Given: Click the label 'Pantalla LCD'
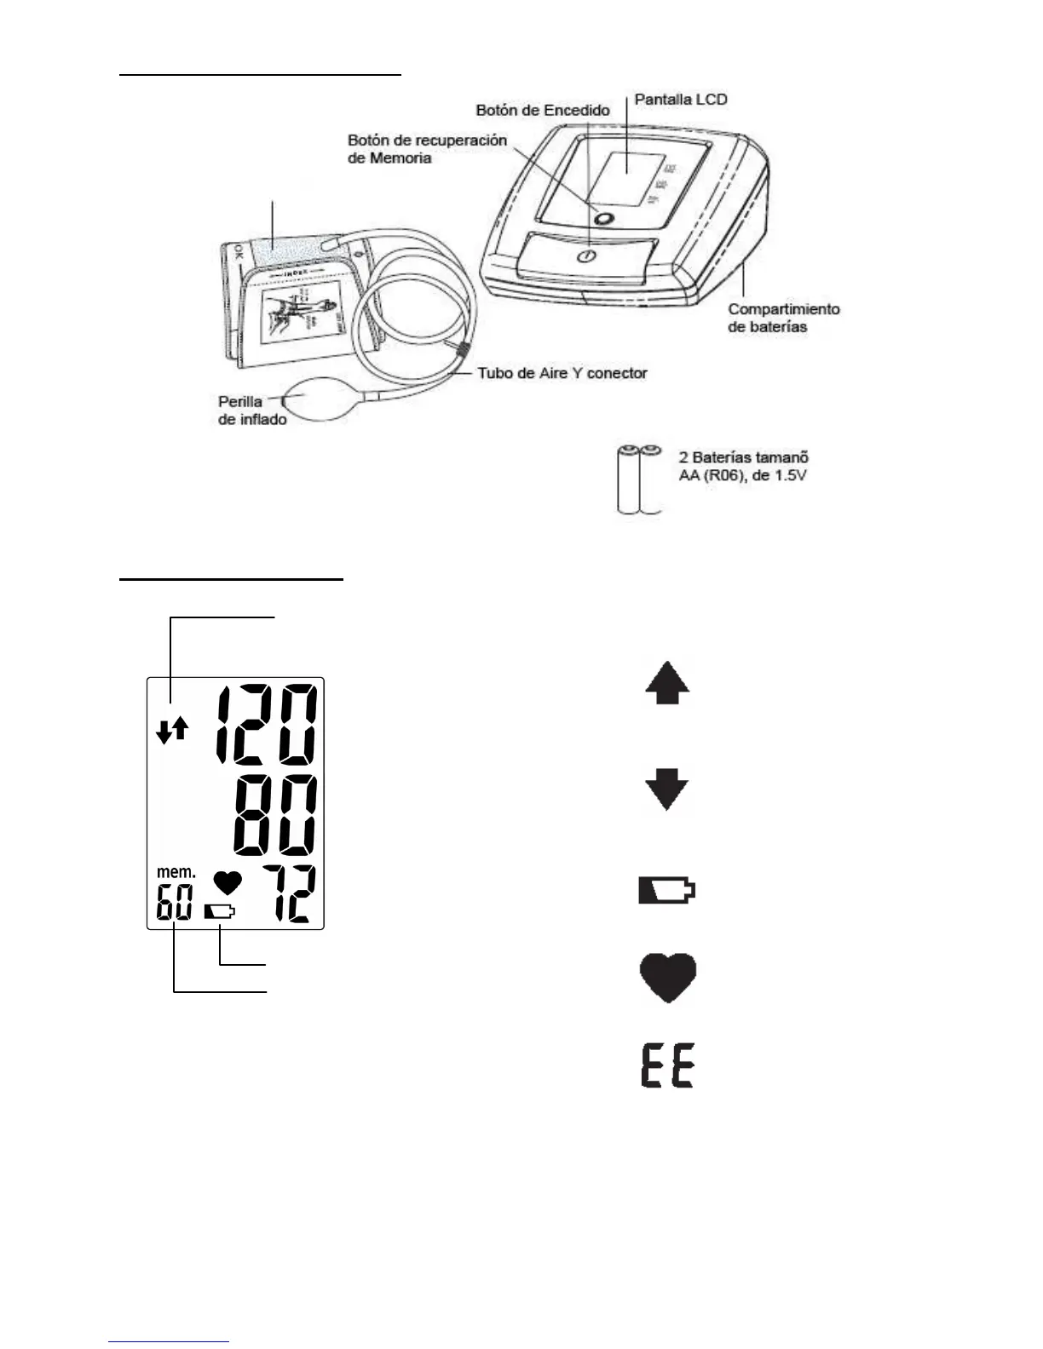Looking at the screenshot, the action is (x=681, y=100).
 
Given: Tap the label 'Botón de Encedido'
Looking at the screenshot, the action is (x=543, y=111).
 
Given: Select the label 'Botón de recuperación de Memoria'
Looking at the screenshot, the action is (x=427, y=149).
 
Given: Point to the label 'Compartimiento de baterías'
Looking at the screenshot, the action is (x=783, y=318).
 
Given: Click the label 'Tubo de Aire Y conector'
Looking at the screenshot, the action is (x=562, y=373).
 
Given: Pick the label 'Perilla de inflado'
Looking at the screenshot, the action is (x=251, y=410).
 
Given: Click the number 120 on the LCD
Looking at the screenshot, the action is (x=266, y=726).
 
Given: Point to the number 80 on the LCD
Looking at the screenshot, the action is (x=275, y=817).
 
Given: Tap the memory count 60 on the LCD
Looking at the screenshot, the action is (x=174, y=903).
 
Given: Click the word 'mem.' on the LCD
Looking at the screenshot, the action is (x=176, y=872).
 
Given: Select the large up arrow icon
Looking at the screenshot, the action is (x=667, y=686).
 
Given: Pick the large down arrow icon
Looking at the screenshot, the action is (x=666, y=789).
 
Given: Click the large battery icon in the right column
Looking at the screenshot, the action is (x=667, y=891).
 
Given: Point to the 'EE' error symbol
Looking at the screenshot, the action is (x=668, y=1068).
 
